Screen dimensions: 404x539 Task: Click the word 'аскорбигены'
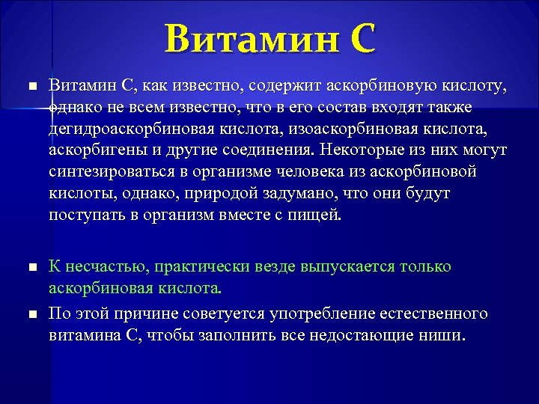tap(91, 151)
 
